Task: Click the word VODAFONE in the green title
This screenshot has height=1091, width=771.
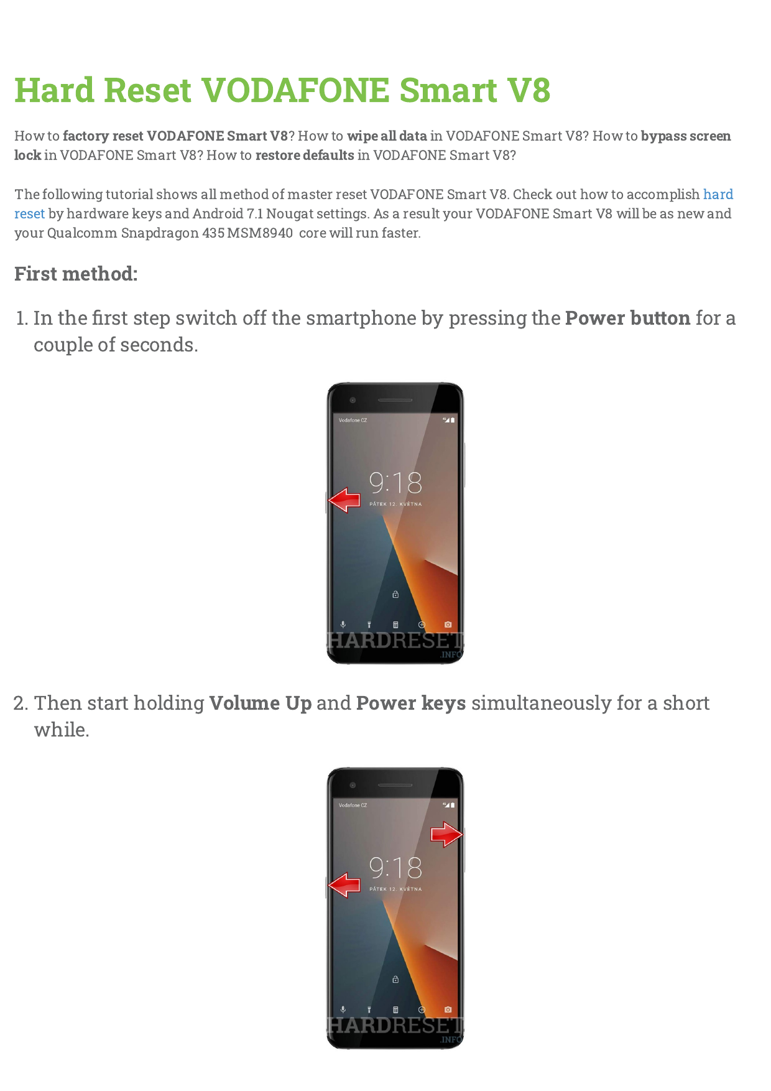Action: (295, 90)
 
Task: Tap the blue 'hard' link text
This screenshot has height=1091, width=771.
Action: (718, 194)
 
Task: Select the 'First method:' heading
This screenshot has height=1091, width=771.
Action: (76, 274)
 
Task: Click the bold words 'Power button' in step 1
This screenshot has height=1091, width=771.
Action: (627, 318)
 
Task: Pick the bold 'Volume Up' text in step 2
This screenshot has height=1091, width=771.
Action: (260, 703)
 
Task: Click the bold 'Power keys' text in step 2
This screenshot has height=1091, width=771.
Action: (410, 703)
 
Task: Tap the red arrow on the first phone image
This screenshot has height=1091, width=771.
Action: (344, 500)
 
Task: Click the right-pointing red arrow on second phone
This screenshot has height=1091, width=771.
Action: (446, 835)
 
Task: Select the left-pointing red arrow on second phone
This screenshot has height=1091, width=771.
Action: (344, 885)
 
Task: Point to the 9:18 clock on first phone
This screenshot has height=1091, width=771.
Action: (395, 483)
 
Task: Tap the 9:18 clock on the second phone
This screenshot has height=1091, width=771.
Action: (395, 868)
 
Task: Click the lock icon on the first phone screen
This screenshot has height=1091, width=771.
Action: (395, 595)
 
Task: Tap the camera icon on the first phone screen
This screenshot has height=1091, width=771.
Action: (448, 624)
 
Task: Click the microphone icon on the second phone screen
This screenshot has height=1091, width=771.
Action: (343, 1010)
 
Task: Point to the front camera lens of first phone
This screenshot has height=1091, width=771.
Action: (353, 400)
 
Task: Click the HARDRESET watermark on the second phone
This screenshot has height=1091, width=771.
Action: (395, 1025)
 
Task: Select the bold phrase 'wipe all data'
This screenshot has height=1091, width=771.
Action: (387, 136)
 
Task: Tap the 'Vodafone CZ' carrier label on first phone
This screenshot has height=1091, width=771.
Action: (353, 420)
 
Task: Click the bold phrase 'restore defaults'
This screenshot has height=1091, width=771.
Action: (305, 156)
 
